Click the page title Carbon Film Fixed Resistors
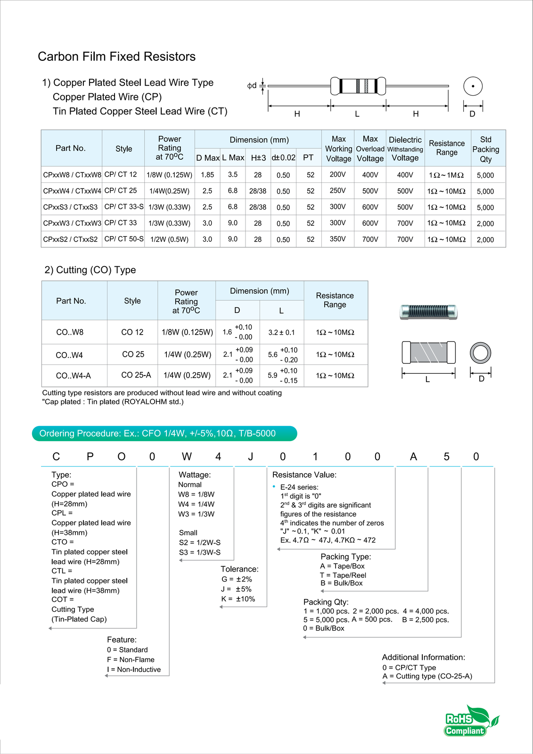pos(116,57)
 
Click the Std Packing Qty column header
pos(485,149)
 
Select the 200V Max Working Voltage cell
pos(337,174)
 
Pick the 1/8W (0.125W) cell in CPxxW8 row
pos(169,175)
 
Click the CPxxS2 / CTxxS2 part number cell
pos(70,239)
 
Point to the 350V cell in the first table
pos(337,239)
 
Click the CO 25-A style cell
pos(136,375)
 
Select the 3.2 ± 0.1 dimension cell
pos(281,332)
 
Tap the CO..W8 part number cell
pos(70,332)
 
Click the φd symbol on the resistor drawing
pos(252,85)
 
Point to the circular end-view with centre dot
pos(473,86)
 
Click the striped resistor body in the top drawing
pos(358,86)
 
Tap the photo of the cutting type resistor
pos(428,311)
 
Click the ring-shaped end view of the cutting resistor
pos(480,352)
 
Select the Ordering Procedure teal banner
pos(164,434)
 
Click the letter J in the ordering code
pos(251,457)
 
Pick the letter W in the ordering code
pos(187,457)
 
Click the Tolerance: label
pos(239,569)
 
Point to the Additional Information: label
pos(423,657)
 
